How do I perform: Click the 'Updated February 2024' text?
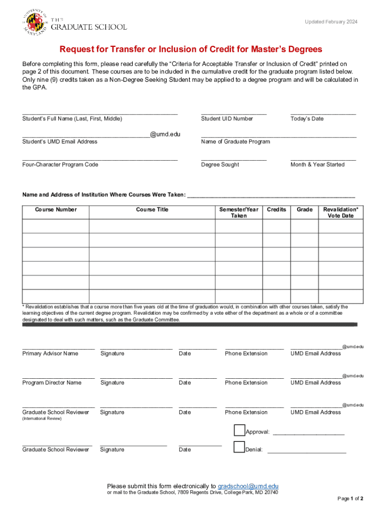331,22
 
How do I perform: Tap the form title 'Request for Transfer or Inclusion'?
190,49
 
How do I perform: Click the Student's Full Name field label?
72,119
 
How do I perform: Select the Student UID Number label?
227,119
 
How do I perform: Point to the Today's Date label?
307,119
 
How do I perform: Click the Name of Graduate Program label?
235,142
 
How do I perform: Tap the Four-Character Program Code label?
60,165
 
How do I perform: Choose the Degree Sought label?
220,165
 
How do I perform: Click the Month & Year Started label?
317,165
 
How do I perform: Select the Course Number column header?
56,210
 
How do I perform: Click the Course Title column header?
152,210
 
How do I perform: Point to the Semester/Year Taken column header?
239,213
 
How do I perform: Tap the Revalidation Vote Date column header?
341,213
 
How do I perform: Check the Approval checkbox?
239,431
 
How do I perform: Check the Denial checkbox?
239,448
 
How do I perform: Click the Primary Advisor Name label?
50,354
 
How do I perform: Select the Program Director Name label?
52,383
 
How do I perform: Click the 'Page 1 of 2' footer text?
350,499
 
